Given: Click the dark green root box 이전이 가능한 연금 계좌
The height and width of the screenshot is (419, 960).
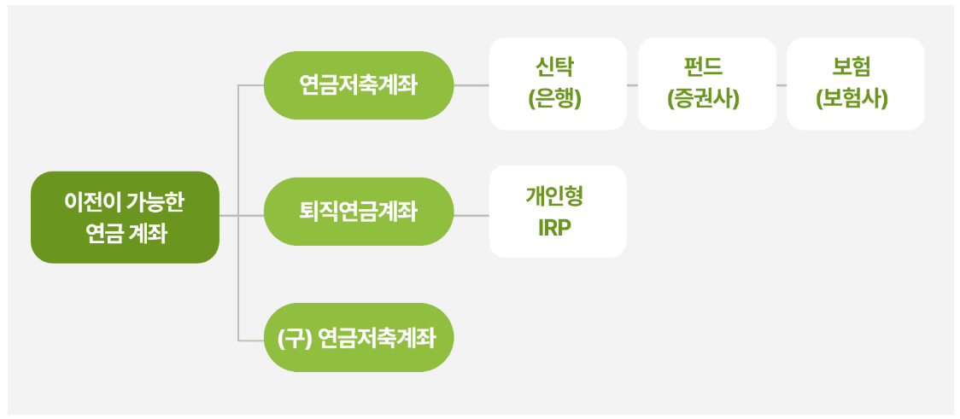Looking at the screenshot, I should [125, 217].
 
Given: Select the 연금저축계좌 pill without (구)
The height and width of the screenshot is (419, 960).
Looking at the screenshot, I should [358, 85].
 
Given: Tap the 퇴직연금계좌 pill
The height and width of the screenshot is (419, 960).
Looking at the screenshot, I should [358, 212].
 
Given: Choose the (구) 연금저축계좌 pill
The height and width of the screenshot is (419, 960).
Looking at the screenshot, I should [358, 338].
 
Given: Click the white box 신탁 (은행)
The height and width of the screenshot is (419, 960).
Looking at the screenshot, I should [558, 84].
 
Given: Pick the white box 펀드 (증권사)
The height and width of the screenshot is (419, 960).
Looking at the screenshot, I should [706, 84].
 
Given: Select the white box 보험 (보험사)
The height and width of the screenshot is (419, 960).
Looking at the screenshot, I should [855, 84].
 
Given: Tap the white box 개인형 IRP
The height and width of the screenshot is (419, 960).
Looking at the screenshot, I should [558, 212].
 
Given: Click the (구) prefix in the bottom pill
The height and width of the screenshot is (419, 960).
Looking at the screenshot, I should [294, 339].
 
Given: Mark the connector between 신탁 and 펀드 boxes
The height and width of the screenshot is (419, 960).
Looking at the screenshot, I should [633, 85].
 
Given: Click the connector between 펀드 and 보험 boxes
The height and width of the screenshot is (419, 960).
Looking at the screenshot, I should [781, 85].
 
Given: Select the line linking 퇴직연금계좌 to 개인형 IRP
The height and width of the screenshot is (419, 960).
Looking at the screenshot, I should [471, 215].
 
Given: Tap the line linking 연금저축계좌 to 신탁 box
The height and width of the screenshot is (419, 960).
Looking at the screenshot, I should [471, 85].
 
